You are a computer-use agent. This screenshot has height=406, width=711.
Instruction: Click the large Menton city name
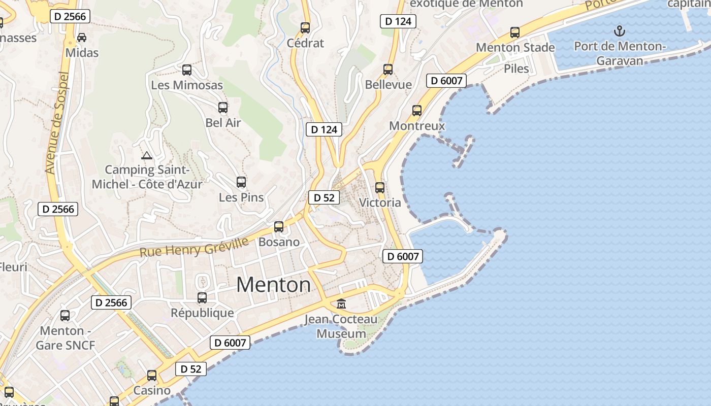273,285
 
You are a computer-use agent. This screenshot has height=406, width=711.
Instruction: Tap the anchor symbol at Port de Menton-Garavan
619,31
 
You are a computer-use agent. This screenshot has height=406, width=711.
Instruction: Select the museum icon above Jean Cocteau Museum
341,304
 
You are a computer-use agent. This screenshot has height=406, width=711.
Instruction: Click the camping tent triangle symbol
147,156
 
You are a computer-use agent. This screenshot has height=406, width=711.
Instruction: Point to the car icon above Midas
81,38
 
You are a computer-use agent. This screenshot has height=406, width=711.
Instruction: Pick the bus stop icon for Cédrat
305,28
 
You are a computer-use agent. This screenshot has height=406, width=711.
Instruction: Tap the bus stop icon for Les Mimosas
187,70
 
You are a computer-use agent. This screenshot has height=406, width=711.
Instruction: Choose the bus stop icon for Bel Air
223,108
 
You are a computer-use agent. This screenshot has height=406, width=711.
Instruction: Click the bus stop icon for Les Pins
241,182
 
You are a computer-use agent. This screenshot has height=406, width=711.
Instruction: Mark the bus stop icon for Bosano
279,227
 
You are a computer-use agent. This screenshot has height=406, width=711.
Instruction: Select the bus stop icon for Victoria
380,188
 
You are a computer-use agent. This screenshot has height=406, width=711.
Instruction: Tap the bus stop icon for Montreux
417,111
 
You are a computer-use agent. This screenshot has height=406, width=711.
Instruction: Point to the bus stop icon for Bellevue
389,70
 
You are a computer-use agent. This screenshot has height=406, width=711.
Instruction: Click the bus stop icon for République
202,298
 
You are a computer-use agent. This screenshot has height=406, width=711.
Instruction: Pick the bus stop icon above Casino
152,376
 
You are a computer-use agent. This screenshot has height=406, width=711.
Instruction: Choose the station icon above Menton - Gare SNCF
65,316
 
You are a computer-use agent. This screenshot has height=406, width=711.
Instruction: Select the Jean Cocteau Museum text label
341,326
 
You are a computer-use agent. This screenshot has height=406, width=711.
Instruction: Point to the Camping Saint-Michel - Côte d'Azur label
147,177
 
